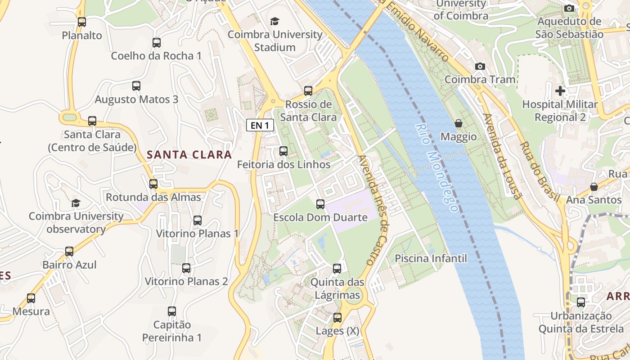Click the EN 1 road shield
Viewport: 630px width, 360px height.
pos(260,125)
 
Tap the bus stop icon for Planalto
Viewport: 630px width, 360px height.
pos(82,22)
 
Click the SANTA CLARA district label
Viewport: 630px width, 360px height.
pos(189,155)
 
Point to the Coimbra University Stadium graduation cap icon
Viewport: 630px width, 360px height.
pos(274,21)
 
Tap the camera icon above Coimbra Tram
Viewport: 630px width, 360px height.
pos(480,67)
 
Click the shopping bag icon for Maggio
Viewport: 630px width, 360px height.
pos(459,123)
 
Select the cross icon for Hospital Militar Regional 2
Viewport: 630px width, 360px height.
pos(560,91)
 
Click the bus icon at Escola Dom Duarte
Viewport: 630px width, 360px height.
pos(320,204)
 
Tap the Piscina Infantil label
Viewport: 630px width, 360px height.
pos(431,259)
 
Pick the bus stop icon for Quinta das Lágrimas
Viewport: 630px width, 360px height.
pos(337,269)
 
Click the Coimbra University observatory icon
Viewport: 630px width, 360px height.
pos(76,203)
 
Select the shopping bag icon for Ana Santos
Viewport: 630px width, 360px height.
pos(594,186)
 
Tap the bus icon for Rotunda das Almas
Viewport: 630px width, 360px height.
pos(153,184)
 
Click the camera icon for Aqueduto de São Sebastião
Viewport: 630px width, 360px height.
pos(569,8)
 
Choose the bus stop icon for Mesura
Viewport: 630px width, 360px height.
pos(31,298)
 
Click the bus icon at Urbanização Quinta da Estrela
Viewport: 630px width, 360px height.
pos(581,302)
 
